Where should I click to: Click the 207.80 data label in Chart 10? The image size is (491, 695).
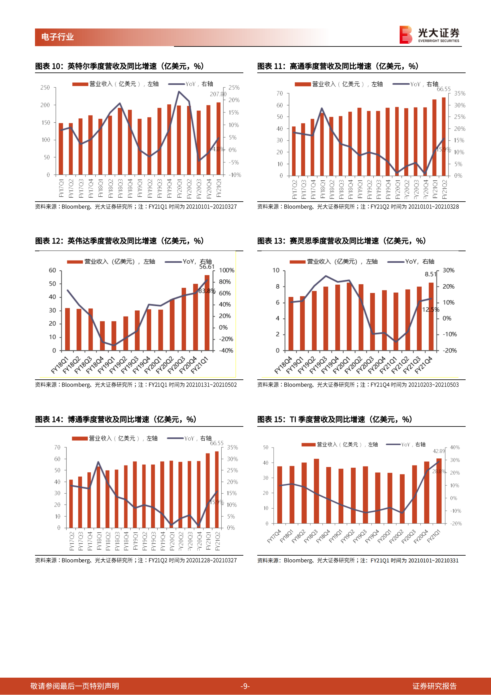point(218,94)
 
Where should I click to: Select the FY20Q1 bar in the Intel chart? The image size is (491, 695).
point(179,140)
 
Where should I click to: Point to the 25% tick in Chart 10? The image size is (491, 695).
point(234,88)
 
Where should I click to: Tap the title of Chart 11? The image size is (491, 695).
point(338,66)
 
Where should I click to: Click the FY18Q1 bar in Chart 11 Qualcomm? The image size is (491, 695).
point(322,144)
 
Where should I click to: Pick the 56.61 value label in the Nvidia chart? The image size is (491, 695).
point(207,267)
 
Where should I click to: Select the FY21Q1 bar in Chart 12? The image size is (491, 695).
point(207,313)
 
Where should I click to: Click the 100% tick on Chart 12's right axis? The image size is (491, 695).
point(227,270)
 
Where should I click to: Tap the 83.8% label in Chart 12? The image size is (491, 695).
point(207,291)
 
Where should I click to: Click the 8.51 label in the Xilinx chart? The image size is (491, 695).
point(430,274)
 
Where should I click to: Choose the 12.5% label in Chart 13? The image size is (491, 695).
point(431,309)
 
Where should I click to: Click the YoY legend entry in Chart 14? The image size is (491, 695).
point(189,438)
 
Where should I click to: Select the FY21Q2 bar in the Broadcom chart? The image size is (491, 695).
point(217,489)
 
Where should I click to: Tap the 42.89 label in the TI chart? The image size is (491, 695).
point(439,451)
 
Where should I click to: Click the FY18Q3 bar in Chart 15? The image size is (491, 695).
point(316,491)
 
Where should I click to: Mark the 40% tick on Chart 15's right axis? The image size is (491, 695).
point(455,448)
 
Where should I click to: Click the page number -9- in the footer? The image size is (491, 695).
point(245,686)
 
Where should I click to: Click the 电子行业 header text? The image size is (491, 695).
point(58,37)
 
